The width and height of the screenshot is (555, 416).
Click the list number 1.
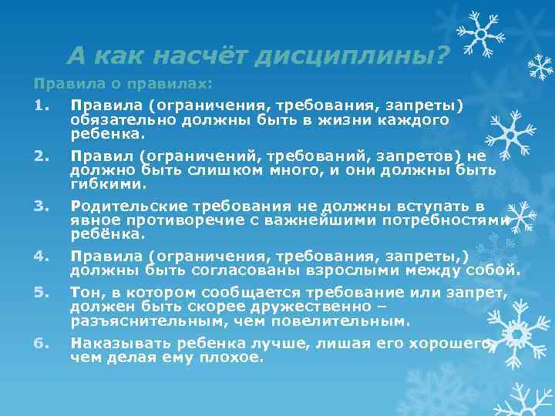pyautogui.click(x=41, y=106)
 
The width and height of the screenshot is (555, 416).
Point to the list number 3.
pyautogui.click(x=41, y=206)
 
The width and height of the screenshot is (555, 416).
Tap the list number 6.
pyautogui.click(x=41, y=344)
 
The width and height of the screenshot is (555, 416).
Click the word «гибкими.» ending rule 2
pyautogui.click(x=109, y=185)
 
